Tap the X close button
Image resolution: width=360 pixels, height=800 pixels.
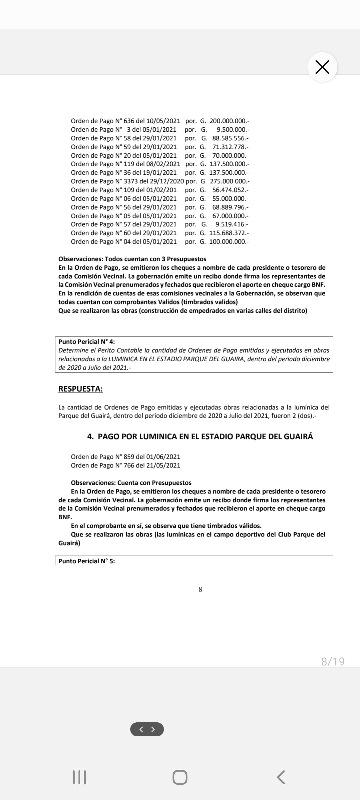tap(322, 67)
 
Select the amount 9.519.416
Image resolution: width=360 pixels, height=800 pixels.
tap(231, 224)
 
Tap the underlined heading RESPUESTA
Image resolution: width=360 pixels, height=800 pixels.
tap(80, 389)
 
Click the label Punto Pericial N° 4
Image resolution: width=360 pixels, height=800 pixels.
tap(87, 342)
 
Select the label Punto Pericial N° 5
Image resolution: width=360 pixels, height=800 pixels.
tap(87, 561)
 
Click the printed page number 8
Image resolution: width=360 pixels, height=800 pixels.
tap(200, 589)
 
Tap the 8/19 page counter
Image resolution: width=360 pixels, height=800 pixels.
tap(333, 661)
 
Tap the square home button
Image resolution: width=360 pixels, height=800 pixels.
tap(180, 777)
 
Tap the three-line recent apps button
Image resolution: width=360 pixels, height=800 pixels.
tap(79, 777)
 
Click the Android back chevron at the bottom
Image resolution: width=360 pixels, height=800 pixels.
tap(281, 777)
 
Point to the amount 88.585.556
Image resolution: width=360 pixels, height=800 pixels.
tap(230, 138)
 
